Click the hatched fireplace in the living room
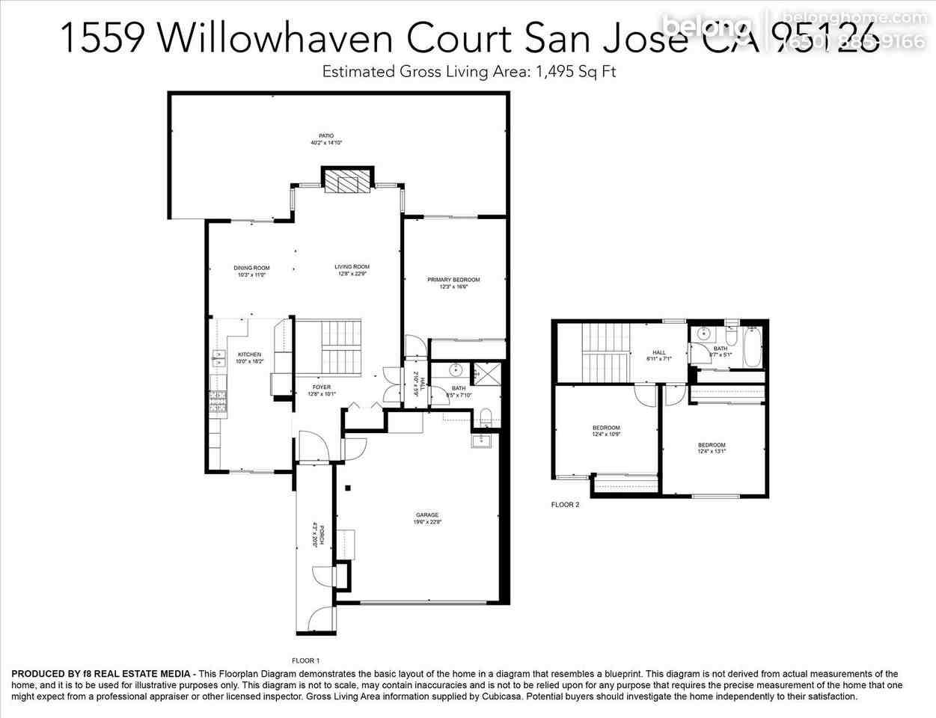pos(347,181)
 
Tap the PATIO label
pos(326,136)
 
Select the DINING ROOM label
pos(251,268)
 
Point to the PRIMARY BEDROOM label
pos(453,280)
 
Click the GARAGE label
pos(427,515)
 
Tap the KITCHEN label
pos(249,355)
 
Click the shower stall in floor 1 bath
pos(487,372)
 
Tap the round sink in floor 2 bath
pos(703,334)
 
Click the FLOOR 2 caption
pos(565,505)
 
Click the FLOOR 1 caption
pos(305,660)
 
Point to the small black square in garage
pos(348,489)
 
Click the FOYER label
pos(322,387)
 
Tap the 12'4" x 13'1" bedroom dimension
pos(712,451)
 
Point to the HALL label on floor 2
pos(658,353)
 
